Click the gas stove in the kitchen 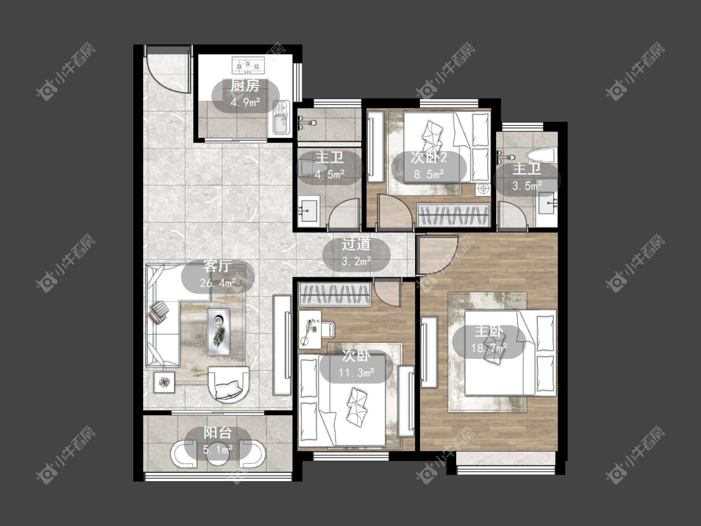point(248,65)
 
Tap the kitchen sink point(281,117)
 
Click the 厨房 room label point(245,85)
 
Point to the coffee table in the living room point(219,332)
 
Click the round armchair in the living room point(230,384)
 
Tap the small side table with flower point(165,382)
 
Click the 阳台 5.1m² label point(217,440)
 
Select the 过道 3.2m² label point(356,252)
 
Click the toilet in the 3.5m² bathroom point(540,155)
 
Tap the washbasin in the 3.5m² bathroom point(547,204)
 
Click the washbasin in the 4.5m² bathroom point(308,210)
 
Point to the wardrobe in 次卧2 point(453,214)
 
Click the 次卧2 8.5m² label point(429,166)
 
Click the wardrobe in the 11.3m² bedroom point(335,295)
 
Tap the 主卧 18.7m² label point(489,339)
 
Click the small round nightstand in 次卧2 point(484,189)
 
